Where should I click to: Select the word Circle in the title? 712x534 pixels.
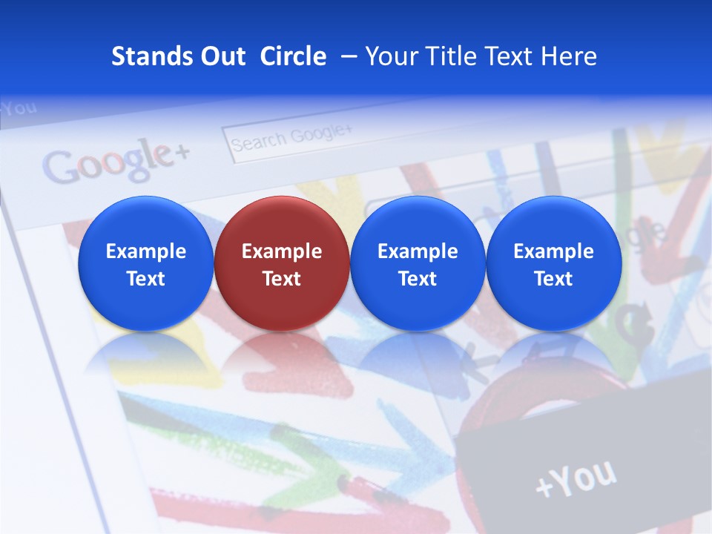pos(293,56)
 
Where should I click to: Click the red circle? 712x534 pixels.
pos(282,263)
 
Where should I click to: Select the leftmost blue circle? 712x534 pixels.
pos(146,263)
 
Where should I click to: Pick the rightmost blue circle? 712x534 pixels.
pos(553,263)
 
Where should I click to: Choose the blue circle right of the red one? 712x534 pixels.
pos(418,263)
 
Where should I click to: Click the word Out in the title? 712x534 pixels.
pos(222,56)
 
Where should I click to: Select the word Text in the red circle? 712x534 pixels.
pos(282,279)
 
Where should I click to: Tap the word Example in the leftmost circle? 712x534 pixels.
pos(146,251)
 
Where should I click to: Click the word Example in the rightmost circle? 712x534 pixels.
pos(553,251)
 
